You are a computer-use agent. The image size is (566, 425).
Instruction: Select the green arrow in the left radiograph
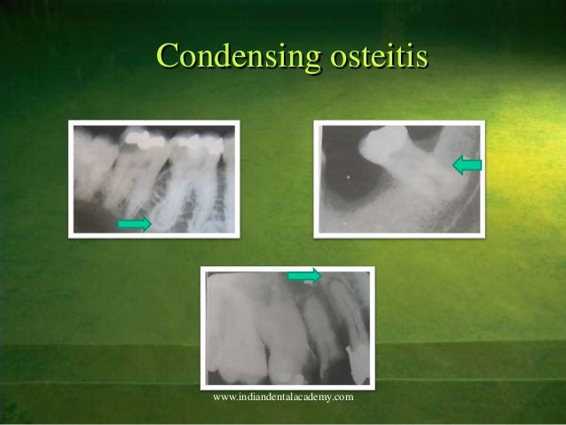coord(134,224)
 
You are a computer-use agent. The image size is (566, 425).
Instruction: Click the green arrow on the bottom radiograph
coord(303,277)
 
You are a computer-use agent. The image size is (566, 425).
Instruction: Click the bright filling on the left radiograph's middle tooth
coord(141,138)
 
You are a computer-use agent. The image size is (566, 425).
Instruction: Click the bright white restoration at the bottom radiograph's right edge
coord(353,364)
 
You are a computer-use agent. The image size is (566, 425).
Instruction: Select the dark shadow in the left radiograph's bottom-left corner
coord(89,217)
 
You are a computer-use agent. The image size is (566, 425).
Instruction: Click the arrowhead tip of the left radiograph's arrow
coord(150,224)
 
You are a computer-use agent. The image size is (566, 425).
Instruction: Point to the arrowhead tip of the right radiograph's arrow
coord(453,164)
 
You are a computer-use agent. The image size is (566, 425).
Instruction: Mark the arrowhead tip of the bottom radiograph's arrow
coord(319,277)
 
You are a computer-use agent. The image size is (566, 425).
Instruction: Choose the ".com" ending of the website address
coord(345,396)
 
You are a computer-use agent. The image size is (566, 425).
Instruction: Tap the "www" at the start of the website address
coord(222,396)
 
